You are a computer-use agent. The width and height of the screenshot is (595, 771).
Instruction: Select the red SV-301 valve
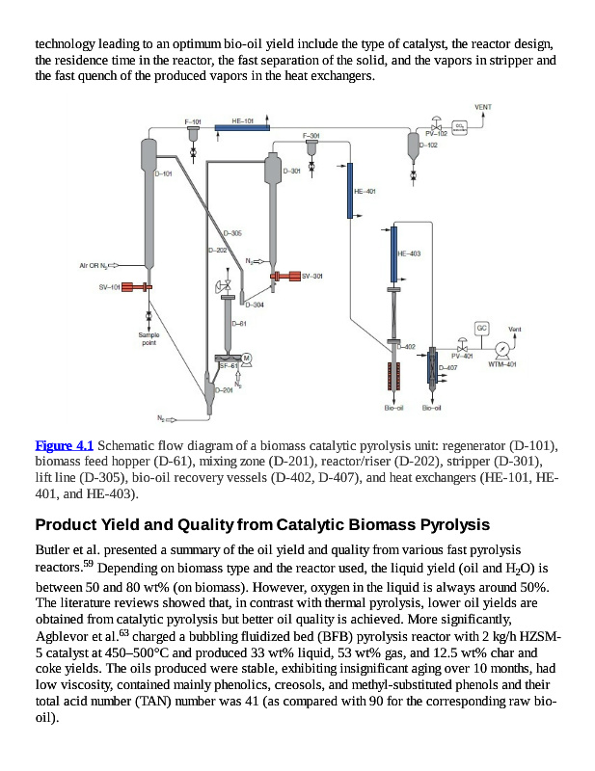(284, 276)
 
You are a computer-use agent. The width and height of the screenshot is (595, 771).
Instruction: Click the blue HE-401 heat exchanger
(349, 191)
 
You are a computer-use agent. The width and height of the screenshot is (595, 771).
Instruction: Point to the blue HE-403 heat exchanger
(393, 254)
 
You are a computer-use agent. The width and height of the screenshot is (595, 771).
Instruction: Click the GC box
(481, 329)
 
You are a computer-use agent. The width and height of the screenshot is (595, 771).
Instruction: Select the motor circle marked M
(247, 358)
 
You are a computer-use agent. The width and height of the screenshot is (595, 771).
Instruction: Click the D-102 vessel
(414, 145)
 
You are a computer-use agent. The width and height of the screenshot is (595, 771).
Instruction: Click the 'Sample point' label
(149, 338)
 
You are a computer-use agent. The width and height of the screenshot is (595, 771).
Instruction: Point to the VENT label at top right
(485, 106)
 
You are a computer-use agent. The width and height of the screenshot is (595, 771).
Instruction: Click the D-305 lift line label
(232, 233)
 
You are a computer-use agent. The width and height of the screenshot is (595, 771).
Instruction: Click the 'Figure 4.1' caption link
(64, 445)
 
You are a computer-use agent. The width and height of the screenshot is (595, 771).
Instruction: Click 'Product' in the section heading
(68, 524)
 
